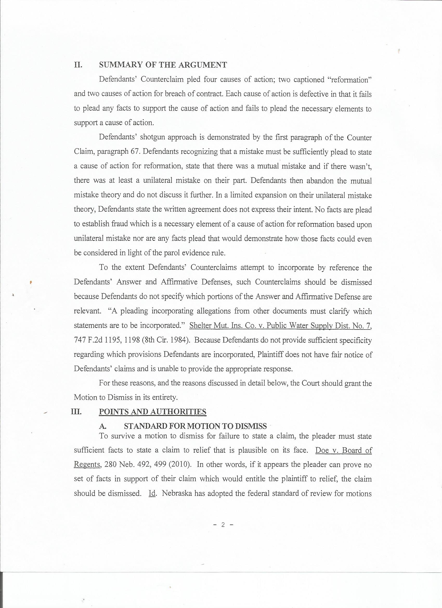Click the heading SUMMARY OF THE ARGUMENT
[163, 65]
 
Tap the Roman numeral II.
[78, 65]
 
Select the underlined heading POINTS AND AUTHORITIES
[153, 412]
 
